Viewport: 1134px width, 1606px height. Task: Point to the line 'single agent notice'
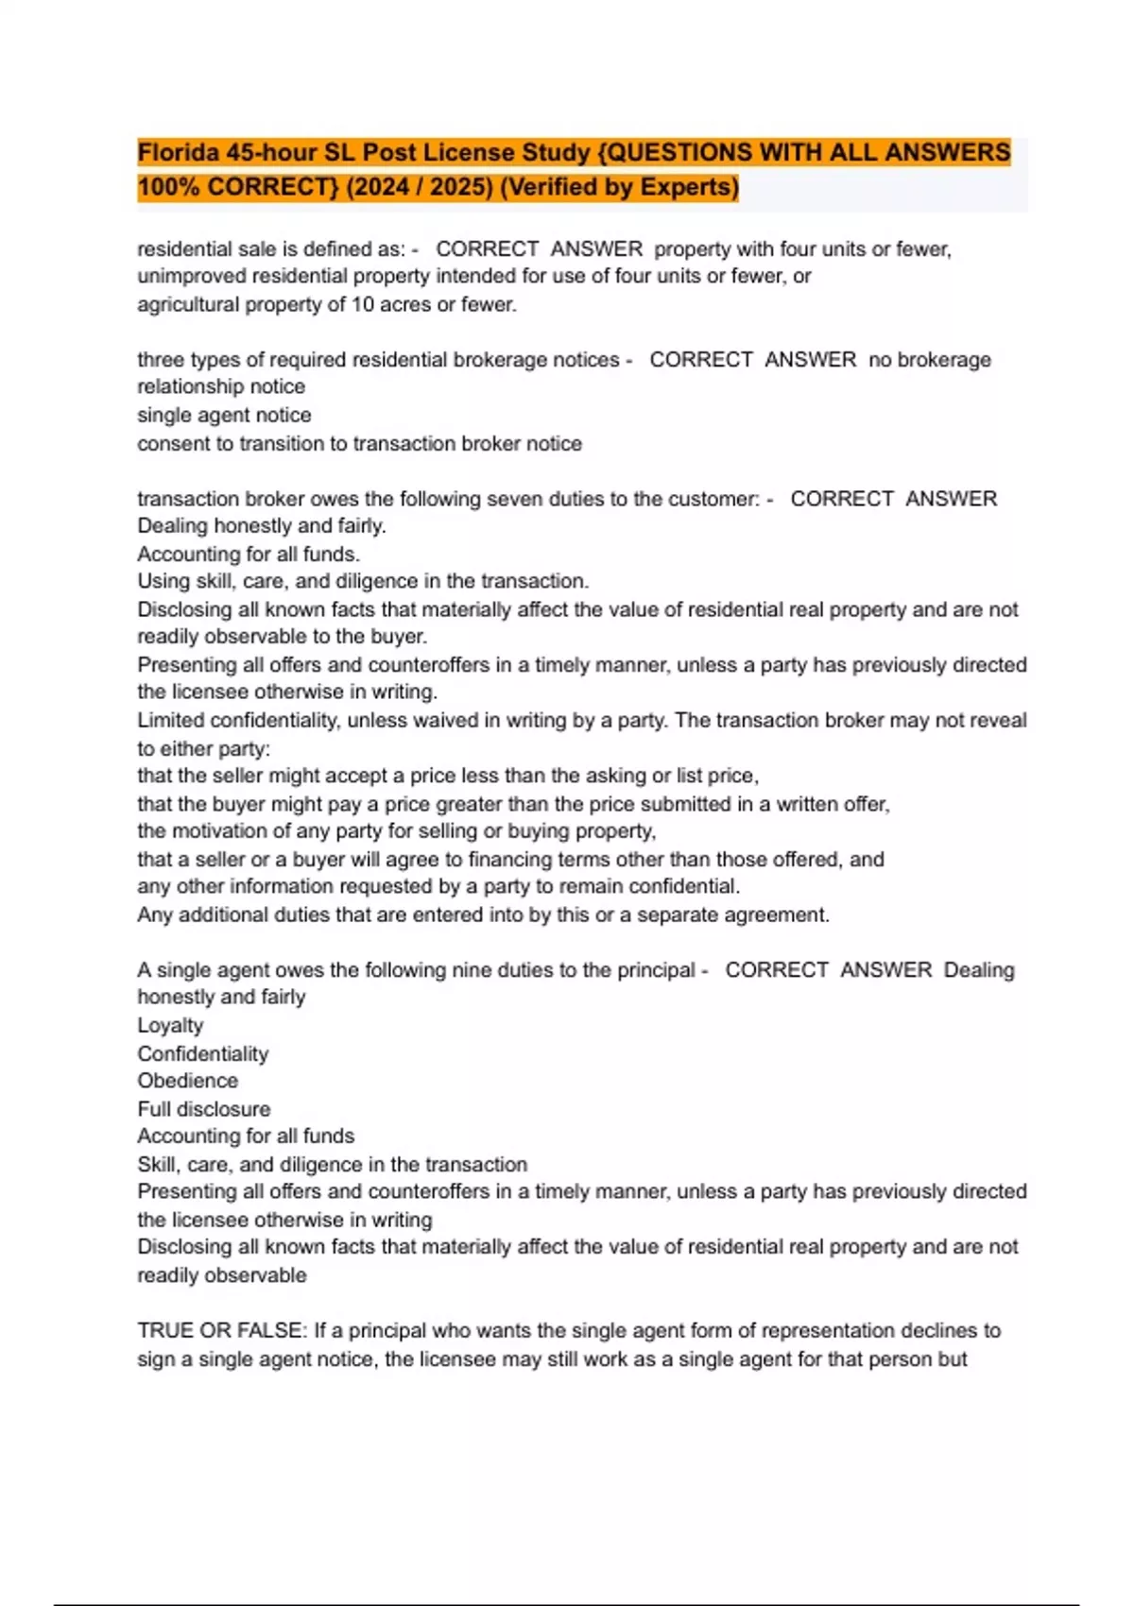[224, 415]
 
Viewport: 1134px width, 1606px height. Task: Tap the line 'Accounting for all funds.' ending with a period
[249, 555]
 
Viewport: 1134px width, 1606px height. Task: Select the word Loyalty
[170, 1026]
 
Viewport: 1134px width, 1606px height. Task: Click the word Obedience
[187, 1081]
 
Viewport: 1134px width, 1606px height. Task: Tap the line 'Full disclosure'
[203, 1109]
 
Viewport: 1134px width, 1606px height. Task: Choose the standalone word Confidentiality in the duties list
[202, 1053]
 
